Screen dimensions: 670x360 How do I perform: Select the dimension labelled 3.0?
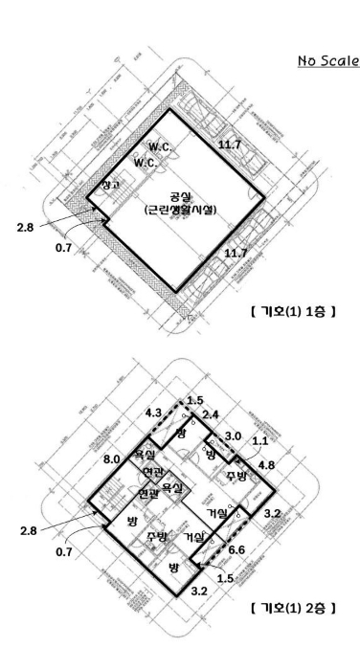pyautogui.click(x=233, y=437)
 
